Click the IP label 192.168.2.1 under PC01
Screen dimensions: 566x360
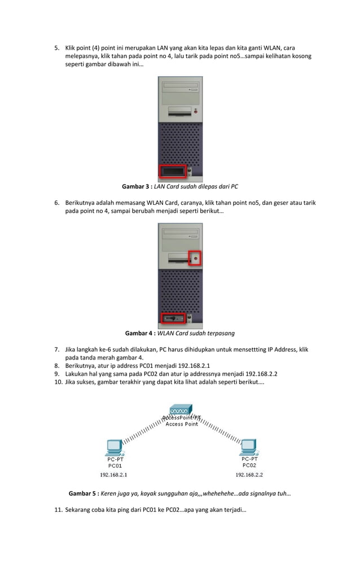point(115,475)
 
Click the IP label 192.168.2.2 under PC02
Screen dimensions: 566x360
point(249,475)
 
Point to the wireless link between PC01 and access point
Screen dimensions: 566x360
point(143,432)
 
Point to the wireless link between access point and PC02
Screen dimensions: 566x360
point(219,432)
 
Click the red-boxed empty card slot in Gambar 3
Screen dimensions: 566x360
point(172,170)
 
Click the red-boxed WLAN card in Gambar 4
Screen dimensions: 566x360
point(173,318)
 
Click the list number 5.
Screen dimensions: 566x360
point(56,49)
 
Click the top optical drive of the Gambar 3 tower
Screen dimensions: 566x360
point(180,88)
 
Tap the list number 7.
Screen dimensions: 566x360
point(56,350)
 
